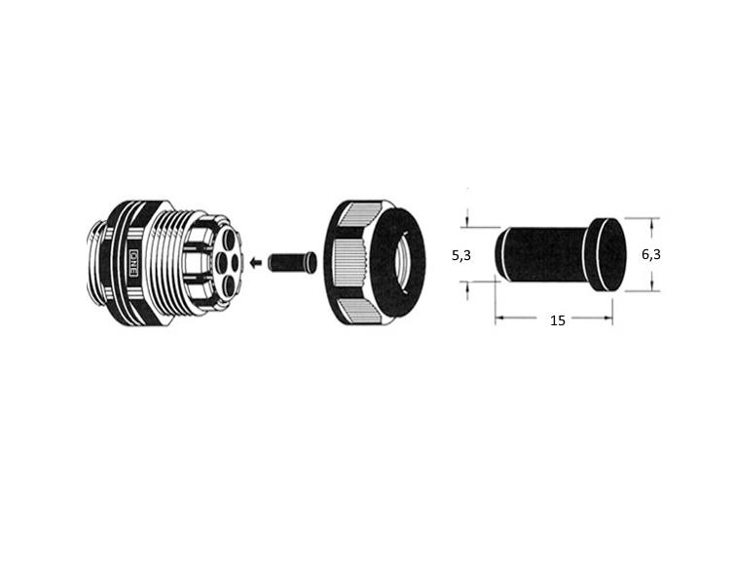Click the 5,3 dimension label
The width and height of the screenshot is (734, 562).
tap(461, 256)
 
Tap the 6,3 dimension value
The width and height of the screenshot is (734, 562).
tap(651, 254)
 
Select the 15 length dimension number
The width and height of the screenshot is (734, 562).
tap(558, 320)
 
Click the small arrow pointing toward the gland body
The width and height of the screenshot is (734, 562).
tap(256, 263)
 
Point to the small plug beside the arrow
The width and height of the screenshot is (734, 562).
tap(292, 262)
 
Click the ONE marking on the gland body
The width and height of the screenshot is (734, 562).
tap(134, 263)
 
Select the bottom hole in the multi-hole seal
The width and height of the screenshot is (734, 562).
tap(229, 285)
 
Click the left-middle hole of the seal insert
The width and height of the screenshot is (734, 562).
tap(220, 263)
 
